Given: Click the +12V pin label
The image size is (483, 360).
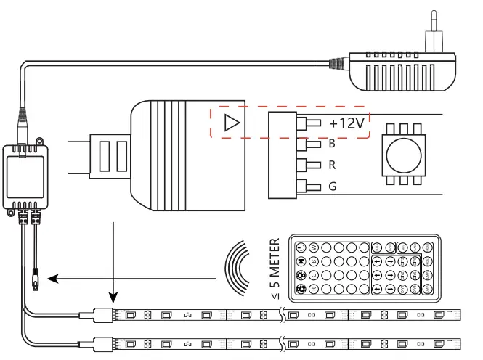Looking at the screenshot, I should point(346,123).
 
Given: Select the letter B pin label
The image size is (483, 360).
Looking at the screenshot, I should point(332,144).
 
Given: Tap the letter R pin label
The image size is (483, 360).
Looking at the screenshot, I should point(332,165).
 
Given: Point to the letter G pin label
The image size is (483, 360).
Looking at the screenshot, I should point(332,186).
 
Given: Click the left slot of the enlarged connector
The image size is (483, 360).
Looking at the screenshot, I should point(104,155).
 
